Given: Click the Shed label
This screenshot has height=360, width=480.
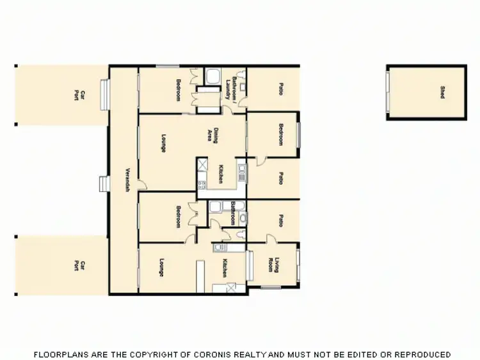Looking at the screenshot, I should pos(442,93).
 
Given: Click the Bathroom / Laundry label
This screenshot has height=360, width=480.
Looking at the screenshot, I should pos(231,89).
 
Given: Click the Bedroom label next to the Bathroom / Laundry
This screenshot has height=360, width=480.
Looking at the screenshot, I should pos(179,90).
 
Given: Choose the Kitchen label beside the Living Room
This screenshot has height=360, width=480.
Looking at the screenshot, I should pos(225,268).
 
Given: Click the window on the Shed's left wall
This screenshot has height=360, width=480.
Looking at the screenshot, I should pos(387,92).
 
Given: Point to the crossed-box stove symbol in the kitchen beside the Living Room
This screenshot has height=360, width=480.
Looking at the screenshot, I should pos(232,288).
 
